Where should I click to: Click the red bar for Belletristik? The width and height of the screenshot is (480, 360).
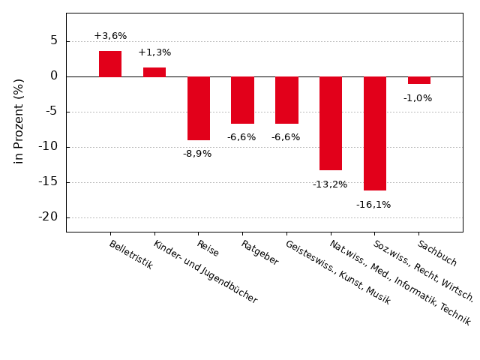[x=110, y=64]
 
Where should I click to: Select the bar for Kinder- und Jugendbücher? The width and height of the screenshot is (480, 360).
[x=154, y=72]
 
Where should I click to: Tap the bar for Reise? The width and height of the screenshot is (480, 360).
[x=199, y=108]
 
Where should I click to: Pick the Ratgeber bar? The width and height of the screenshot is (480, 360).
[x=242, y=100]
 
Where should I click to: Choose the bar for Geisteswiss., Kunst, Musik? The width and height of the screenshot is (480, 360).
[x=286, y=100]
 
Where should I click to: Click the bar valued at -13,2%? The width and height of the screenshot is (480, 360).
[x=331, y=123]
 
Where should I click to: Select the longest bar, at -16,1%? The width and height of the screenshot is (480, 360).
[x=375, y=133]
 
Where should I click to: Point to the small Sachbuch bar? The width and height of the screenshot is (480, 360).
[x=419, y=80]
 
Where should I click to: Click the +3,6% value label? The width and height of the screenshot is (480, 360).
[x=110, y=36]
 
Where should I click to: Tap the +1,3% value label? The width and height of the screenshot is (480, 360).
[x=154, y=52]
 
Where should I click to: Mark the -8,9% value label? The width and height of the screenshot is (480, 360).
[x=197, y=154]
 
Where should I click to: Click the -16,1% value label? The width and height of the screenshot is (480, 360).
[x=373, y=205]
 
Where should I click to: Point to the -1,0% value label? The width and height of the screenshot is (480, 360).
[x=418, y=98]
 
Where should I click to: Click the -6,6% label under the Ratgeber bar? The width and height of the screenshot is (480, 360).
[x=241, y=137]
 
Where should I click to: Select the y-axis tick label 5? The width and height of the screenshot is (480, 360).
[x=54, y=40]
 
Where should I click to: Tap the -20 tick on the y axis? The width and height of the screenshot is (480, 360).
[x=49, y=217]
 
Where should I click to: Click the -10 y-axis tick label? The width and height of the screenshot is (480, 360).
[x=49, y=146]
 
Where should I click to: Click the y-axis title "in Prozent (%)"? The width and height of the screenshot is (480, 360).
[x=19, y=121]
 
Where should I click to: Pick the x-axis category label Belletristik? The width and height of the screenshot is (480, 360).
[x=131, y=255]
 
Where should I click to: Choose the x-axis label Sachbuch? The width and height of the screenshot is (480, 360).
[x=437, y=253]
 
